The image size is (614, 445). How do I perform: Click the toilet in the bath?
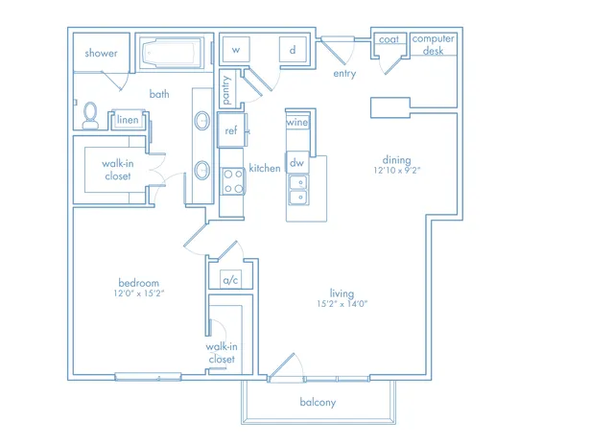pyautogui.click(x=90, y=116)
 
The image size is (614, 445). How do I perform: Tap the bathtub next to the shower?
pyautogui.click(x=172, y=54)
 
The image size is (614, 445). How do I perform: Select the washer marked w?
pyautogui.click(x=236, y=49)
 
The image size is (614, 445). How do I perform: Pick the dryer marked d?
pyautogui.click(x=293, y=49)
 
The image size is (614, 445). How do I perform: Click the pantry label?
pyautogui.click(x=226, y=90)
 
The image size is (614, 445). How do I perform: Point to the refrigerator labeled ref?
pyautogui.click(x=231, y=130)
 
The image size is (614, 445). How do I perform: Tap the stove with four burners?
pyautogui.click(x=232, y=181)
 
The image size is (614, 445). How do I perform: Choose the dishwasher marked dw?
pyautogui.click(x=297, y=162)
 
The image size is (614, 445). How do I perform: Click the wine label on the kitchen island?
pyautogui.click(x=297, y=123)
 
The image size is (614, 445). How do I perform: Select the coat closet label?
pyautogui.click(x=389, y=39)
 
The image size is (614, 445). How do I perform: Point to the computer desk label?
pyautogui.click(x=433, y=45)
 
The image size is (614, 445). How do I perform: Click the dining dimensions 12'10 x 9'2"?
pyautogui.click(x=396, y=171)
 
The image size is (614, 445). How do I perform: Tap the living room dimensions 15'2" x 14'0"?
pyautogui.click(x=342, y=304)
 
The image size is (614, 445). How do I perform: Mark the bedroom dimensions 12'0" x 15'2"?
pyautogui.click(x=139, y=293)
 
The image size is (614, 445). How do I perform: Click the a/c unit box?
pyautogui.click(x=230, y=279)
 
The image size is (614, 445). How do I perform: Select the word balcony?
pyautogui.click(x=318, y=403)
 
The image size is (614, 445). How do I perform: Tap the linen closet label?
pyautogui.click(x=128, y=119)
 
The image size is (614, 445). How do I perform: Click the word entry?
pyautogui.click(x=344, y=74)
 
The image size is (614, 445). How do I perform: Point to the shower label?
pyautogui.click(x=101, y=53)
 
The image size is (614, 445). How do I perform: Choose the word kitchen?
pyautogui.click(x=265, y=168)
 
